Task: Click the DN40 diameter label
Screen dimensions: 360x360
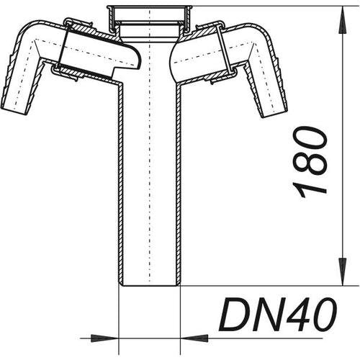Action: tap(278, 314)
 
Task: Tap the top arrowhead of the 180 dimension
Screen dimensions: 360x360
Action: tap(343, 20)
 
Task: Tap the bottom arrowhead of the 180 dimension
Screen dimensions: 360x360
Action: tap(343, 272)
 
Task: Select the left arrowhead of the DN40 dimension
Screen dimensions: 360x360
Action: tap(105, 338)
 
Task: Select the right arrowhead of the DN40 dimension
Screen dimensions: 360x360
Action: tap(194, 338)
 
